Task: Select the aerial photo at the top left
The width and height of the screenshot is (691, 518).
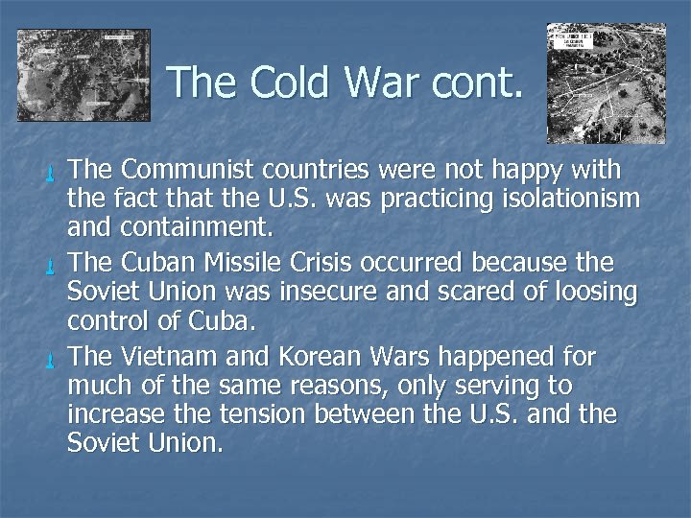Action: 83,75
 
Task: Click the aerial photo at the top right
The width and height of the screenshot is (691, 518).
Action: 606,83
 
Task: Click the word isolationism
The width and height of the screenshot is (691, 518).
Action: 562,200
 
